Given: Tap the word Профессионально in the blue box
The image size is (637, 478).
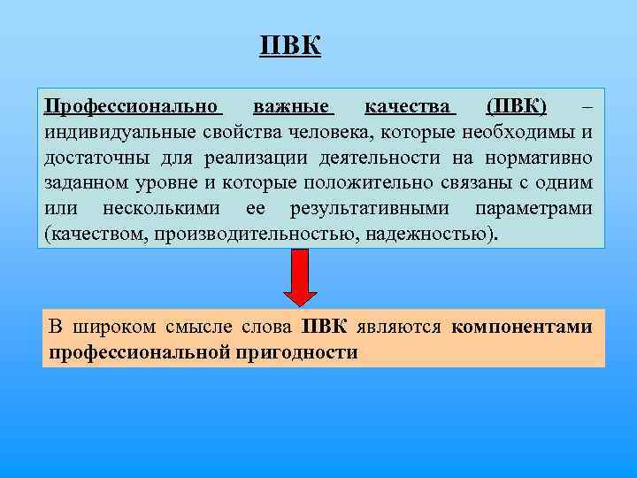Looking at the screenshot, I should click(133, 107).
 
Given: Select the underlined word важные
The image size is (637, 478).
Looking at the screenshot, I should click(292, 107).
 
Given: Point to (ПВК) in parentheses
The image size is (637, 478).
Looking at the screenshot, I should click(517, 107).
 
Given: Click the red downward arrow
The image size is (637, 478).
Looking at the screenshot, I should click(300, 276).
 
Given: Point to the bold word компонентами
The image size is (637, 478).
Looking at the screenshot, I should click(521, 327).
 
